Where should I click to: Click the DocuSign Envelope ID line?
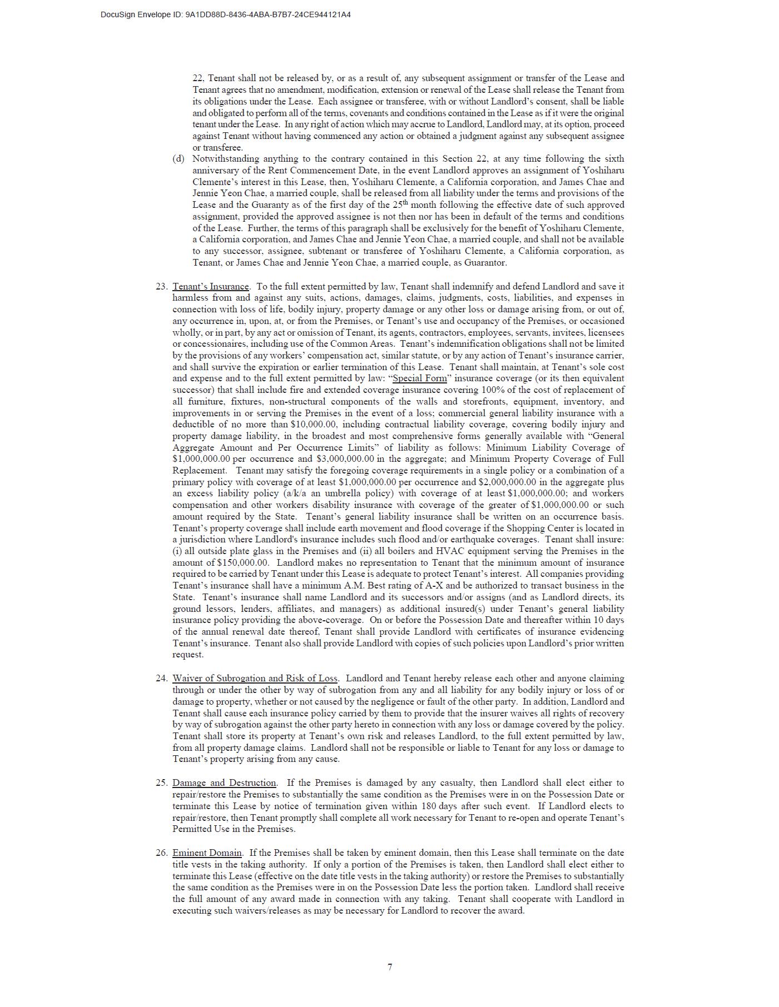[225, 14]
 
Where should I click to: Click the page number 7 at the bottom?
[390, 967]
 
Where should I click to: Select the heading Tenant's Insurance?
[211, 286]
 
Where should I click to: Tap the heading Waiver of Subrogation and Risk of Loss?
[255, 678]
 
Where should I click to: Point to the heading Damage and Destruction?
[224, 782]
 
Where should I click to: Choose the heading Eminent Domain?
[207, 853]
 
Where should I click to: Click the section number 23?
[161, 286]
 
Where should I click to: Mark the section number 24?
[161, 678]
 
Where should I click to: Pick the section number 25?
[161, 782]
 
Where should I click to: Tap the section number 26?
[161, 853]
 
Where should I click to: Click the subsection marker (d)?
[178, 159]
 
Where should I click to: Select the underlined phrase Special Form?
[420, 378]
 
